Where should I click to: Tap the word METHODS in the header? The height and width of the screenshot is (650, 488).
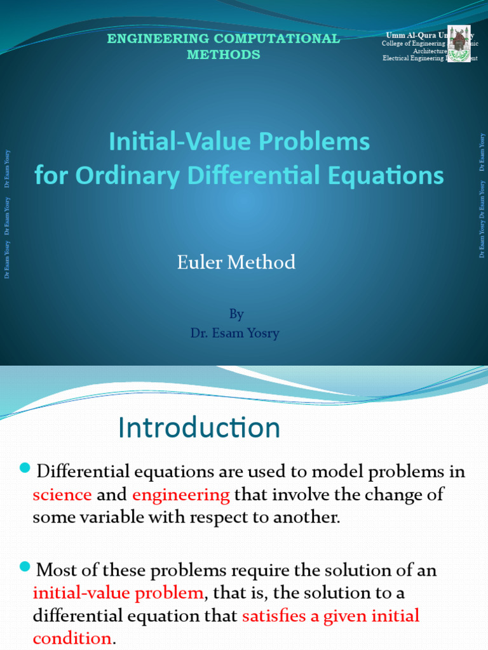223,55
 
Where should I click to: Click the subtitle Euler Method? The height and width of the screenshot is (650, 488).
236,262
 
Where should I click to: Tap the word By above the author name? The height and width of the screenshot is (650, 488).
236,314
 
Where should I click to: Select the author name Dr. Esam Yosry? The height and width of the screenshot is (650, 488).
235,333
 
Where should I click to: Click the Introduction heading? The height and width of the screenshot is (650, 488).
199,428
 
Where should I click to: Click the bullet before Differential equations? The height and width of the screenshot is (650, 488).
25,469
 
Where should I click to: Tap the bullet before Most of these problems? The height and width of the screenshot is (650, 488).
25,567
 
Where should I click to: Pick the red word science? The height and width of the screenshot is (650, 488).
62,494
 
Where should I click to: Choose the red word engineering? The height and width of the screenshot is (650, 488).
181,494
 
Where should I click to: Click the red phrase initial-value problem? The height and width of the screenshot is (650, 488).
118,593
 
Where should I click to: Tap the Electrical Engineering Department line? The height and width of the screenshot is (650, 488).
430,58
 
